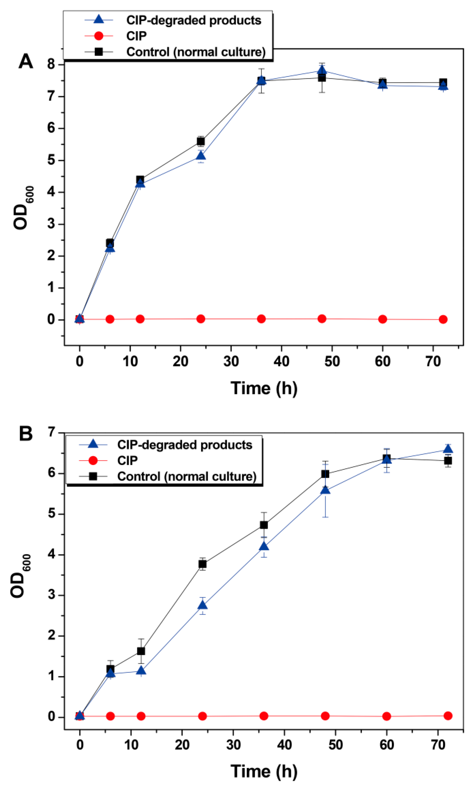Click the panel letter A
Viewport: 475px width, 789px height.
click(26, 61)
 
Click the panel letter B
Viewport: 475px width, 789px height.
click(26, 434)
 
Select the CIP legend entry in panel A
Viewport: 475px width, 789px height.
click(136, 36)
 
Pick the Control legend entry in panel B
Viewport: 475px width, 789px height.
click(187, 476)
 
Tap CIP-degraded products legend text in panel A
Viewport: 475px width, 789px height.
click(194, 20)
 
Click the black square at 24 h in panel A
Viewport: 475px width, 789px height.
click(201, 141)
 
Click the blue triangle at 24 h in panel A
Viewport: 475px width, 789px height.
click(201, 156)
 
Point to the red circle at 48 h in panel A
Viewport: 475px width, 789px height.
click(322, 319)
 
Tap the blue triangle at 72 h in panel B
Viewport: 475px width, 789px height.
click(448, 449)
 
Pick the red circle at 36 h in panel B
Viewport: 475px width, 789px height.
click(264, 716)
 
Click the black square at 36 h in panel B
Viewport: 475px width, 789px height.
click(264, 525)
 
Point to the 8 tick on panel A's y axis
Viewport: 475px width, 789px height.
click(51, 65)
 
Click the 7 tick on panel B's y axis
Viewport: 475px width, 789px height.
click(51, 433)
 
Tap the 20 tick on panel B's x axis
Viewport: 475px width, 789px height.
click(182, 745)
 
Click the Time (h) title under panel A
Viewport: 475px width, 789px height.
click(264, 388)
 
